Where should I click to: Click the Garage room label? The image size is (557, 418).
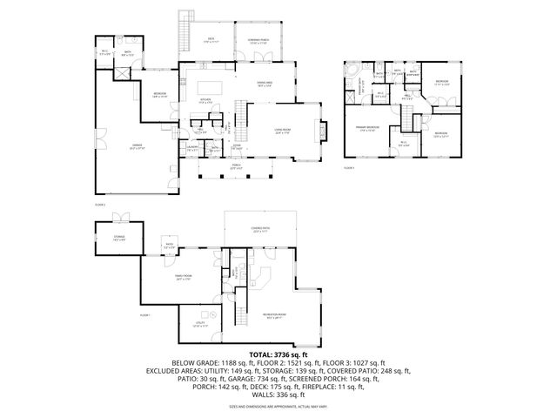click(119, 148)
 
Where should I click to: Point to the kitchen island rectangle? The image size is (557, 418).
click(208, 87)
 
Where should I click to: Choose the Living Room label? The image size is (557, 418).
click(283, 132)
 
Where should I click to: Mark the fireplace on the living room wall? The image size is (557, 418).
click(325, 131)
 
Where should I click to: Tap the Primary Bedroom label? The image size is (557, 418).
click(367, 127)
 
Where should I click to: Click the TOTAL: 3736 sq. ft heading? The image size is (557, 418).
click(278, 354)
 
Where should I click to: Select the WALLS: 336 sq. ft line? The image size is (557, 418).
click(278, 394)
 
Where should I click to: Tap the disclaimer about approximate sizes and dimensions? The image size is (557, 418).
click(278, 406)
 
